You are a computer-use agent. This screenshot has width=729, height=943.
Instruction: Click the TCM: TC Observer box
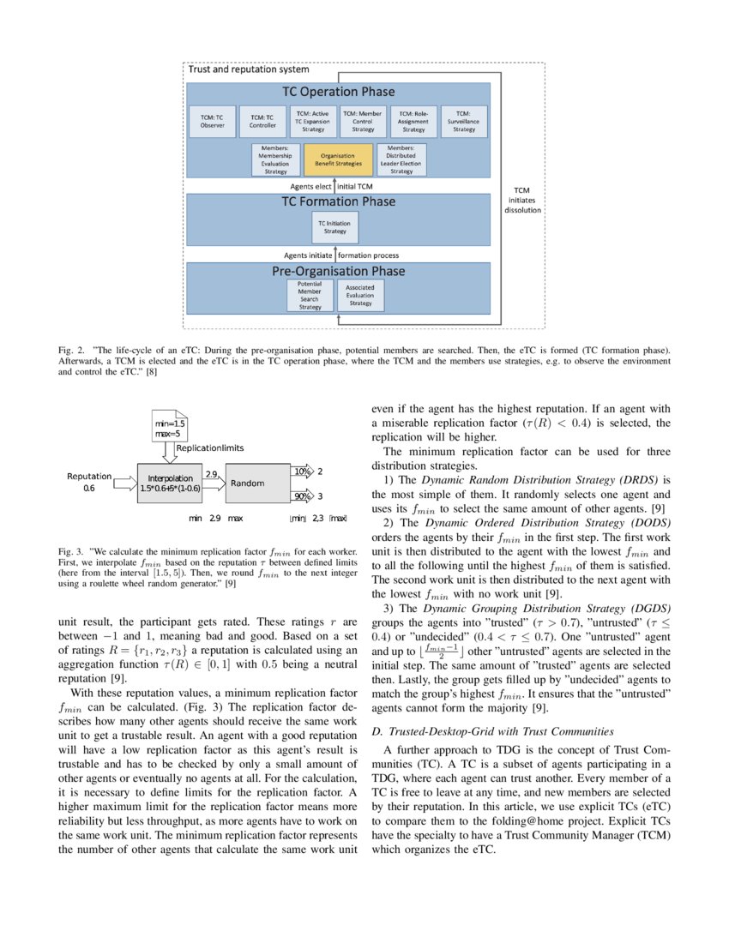click(212, 121)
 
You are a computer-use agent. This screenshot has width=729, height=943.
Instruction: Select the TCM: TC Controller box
click(262, 121)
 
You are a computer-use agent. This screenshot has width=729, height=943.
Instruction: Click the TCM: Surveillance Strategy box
click(464, 121)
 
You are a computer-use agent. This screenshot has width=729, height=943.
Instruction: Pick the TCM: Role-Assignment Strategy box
click(413, 121)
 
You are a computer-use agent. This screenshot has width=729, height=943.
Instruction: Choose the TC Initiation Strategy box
click(336, 227)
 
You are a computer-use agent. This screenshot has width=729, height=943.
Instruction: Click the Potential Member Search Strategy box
click(310, 295)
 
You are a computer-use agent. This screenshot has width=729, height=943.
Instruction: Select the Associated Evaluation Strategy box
click(360, 295)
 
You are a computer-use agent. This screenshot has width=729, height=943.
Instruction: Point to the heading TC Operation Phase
click(338, 92)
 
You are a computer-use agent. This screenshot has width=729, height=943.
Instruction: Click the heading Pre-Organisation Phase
click(338, 271)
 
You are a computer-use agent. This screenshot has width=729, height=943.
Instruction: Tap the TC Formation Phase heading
click(338, 201)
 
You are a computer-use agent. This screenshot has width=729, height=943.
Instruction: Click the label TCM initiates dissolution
click(522, 201)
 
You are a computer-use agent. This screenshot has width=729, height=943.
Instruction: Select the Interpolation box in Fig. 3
click(169, 483)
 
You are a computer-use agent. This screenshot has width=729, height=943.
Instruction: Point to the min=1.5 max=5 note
click(170, 429)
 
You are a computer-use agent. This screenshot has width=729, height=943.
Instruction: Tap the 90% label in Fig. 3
click(302, 496)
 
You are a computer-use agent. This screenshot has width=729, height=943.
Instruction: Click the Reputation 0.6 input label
click(88, 482)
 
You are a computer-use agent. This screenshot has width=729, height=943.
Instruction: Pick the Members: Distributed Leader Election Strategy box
click(401, 159)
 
